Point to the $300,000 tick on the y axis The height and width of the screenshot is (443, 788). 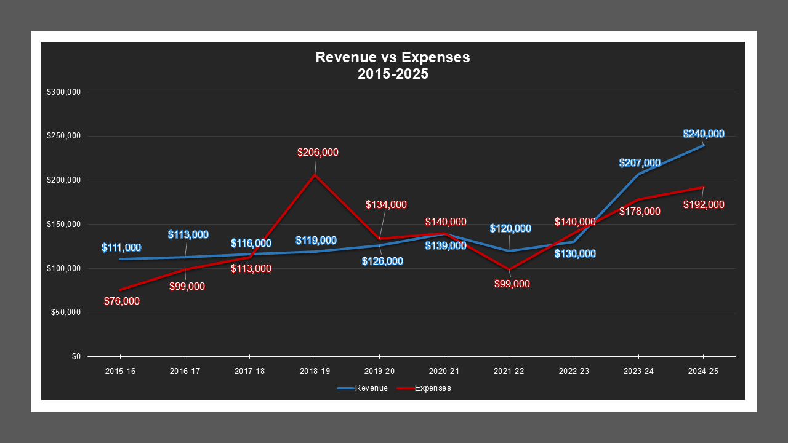click(64, 92)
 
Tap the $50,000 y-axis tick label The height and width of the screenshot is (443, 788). click(66, 313)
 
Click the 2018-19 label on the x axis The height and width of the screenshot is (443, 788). click(315, 372)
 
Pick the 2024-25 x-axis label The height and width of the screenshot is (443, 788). click(703, 372)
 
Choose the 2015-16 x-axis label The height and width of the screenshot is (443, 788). click(120, 372)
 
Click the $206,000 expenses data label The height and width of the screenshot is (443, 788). click(318, 152)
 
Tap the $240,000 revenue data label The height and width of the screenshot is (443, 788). click(704, 134)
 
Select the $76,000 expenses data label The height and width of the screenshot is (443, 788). click(122, 301)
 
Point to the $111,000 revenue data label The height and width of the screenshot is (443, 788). click(121, 248)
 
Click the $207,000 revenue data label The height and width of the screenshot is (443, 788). click(640, 163)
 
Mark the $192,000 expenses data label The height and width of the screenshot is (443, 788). click(704, 205)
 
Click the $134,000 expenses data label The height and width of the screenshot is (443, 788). click(386, 205)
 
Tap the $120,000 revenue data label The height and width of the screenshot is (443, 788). click(510, 229)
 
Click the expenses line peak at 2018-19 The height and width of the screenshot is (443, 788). click(315, 175)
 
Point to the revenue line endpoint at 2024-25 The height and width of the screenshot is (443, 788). click(703, 145)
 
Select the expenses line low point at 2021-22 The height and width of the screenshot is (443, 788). click(509, 269)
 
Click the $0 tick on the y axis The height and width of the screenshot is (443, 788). click(76, 357)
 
